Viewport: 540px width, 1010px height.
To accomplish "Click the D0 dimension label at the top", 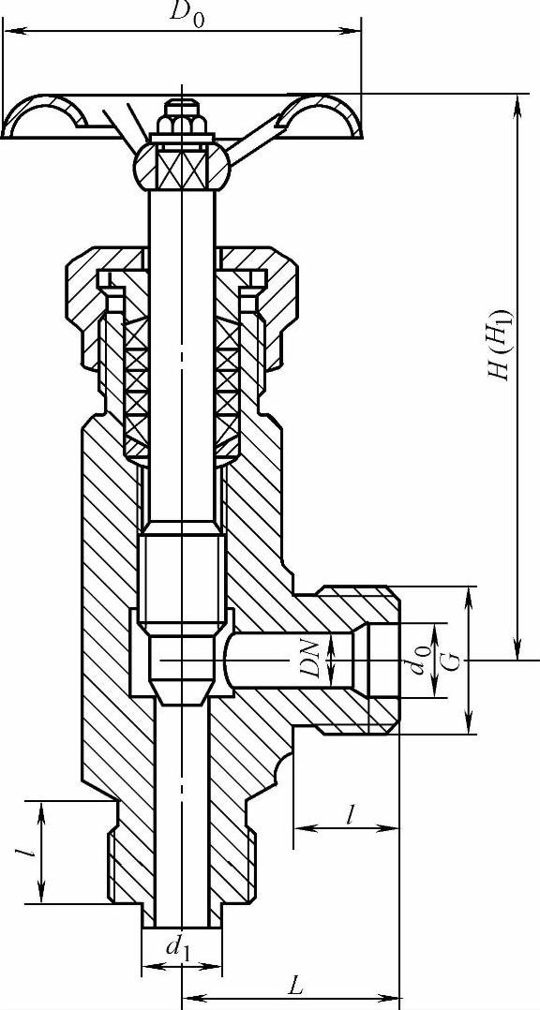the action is pyautogui.click(x=187, y=15).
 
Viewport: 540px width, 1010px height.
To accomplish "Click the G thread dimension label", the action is pyautogui.click(x=453, y=661).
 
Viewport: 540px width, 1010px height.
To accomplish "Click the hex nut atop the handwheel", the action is pyautogui.click(x=182, y=121).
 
